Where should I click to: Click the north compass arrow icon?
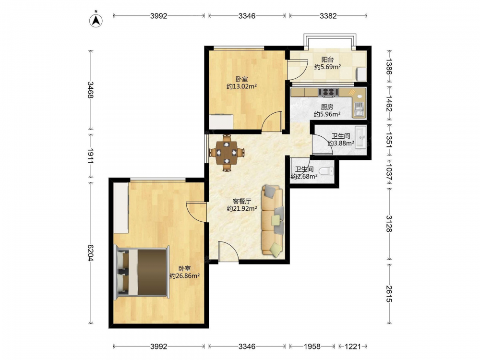(x=96, y=20)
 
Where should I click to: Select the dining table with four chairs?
(x=227, y=152)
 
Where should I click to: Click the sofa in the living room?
(x=273, y=220)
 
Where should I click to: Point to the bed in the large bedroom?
(x=142, y=272)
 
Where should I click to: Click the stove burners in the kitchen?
(x=328, y=92)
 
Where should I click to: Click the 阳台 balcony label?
(x=327, y=60)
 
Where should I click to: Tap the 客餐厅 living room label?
(x=242, y=201)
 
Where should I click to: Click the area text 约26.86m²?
(x=185, y=276)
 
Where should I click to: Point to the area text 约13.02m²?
(x=241, y=86)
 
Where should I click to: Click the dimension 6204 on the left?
(x=90, y=252)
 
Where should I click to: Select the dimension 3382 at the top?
(x=328, y=16)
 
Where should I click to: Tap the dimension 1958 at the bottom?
(x=312, y=346)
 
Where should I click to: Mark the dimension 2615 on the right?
(x=389, y=294)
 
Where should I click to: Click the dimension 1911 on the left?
(x=90, y=156)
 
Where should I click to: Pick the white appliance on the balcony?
(x=361, y=73)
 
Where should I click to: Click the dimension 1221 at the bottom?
(x=353, y=346)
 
